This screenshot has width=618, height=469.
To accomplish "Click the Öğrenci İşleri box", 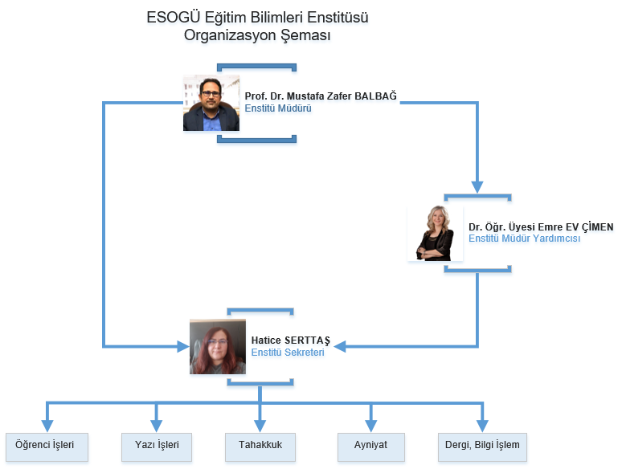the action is coord(47,447).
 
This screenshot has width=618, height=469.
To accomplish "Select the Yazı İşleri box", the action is coord(157,447).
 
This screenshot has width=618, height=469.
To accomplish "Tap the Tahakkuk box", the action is coord(260,447).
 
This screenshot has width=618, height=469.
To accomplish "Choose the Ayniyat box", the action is coord(370,447).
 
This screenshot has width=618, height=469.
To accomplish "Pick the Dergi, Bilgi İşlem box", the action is coord(482,447).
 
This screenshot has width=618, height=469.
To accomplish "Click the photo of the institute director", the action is coord(211,103).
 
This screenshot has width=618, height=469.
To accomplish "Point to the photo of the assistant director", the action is coord(435,233).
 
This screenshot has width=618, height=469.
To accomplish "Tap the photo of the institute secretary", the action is coord(218,347).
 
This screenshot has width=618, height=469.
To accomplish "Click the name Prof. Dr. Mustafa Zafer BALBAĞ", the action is coord(321,96).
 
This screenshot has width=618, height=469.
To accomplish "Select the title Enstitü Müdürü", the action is coord(278,108).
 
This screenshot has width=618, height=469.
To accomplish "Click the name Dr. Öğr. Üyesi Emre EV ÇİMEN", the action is coord(541,227).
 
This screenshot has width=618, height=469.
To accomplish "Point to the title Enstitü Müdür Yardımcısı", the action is coord(524,239).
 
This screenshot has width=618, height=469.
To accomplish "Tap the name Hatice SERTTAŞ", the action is coord(290,341).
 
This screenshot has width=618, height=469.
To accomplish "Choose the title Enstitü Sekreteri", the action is coord(288,353).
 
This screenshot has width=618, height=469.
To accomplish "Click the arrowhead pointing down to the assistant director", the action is coord(477,187).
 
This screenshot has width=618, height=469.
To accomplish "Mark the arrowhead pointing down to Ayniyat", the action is coord(370,426).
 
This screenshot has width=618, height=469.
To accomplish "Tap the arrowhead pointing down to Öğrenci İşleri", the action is coord(47,426).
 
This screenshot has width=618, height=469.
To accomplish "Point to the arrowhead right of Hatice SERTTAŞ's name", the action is coord(340,347).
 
